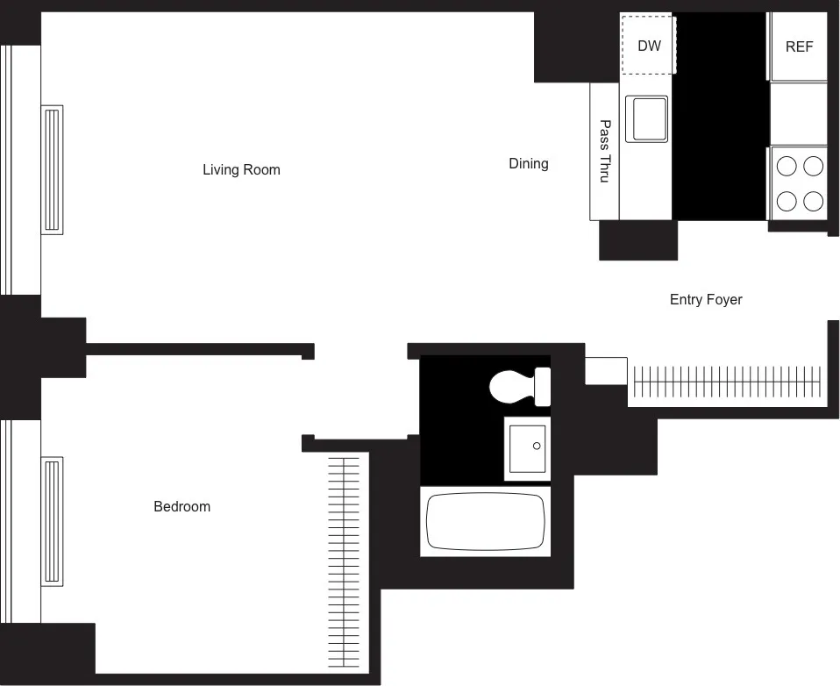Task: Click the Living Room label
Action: (x=241, y=169)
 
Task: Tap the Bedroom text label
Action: (x=182, y=506)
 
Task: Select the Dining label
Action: (x=528, y=163)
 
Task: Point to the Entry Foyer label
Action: (x=705, y=299)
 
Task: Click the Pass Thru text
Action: (x=604, y=151)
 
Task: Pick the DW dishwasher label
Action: (x=649, y=46)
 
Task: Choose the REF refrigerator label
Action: (x=799, y=46)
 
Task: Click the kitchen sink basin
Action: (x=646, y=118)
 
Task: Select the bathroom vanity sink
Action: (x=527, y=448)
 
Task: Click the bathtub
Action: (x=486, y=521)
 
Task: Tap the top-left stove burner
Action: (x=787, y=165)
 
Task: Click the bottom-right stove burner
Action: (x=814, y=201)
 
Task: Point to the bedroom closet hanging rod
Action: (x=343, y=561)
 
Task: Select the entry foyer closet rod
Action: (x=728, y=382)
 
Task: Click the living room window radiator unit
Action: (x=53, y=168)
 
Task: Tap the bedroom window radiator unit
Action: (x=53, y=521)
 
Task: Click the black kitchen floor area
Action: (x=719, y=114)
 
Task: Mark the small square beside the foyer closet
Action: (x=606, y=370)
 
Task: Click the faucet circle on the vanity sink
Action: (x=537, y=447)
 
